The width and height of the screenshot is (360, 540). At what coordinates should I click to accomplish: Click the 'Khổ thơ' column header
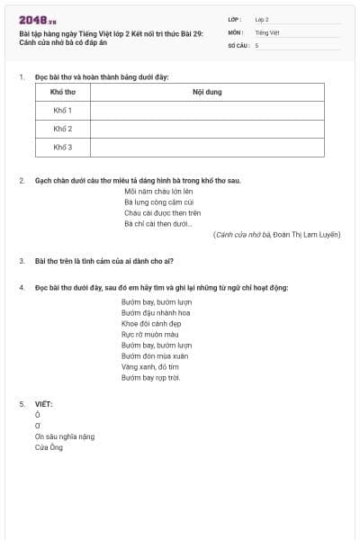[62, 93]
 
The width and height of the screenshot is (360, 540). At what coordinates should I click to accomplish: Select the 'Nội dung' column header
[207, 93]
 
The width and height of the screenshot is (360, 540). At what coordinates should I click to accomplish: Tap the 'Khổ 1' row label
[62, 111]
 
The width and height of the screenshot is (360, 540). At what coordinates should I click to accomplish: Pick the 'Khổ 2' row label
[62, 129]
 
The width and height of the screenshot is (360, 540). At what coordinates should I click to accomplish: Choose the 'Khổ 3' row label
[62, 147]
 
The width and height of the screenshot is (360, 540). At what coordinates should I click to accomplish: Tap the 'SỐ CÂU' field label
[238, 45]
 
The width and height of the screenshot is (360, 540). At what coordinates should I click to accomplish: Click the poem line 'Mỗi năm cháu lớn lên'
[159, 192]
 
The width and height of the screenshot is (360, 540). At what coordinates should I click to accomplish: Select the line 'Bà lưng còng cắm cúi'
[159, 202]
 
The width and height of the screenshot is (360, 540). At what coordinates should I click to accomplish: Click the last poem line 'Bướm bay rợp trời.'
[151, 377]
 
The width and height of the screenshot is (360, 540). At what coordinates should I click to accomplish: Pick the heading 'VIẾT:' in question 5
[43, 404]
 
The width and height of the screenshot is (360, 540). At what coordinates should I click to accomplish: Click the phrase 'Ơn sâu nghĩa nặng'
[65, 436]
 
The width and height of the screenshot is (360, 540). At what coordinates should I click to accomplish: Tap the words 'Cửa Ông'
[49, 447]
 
